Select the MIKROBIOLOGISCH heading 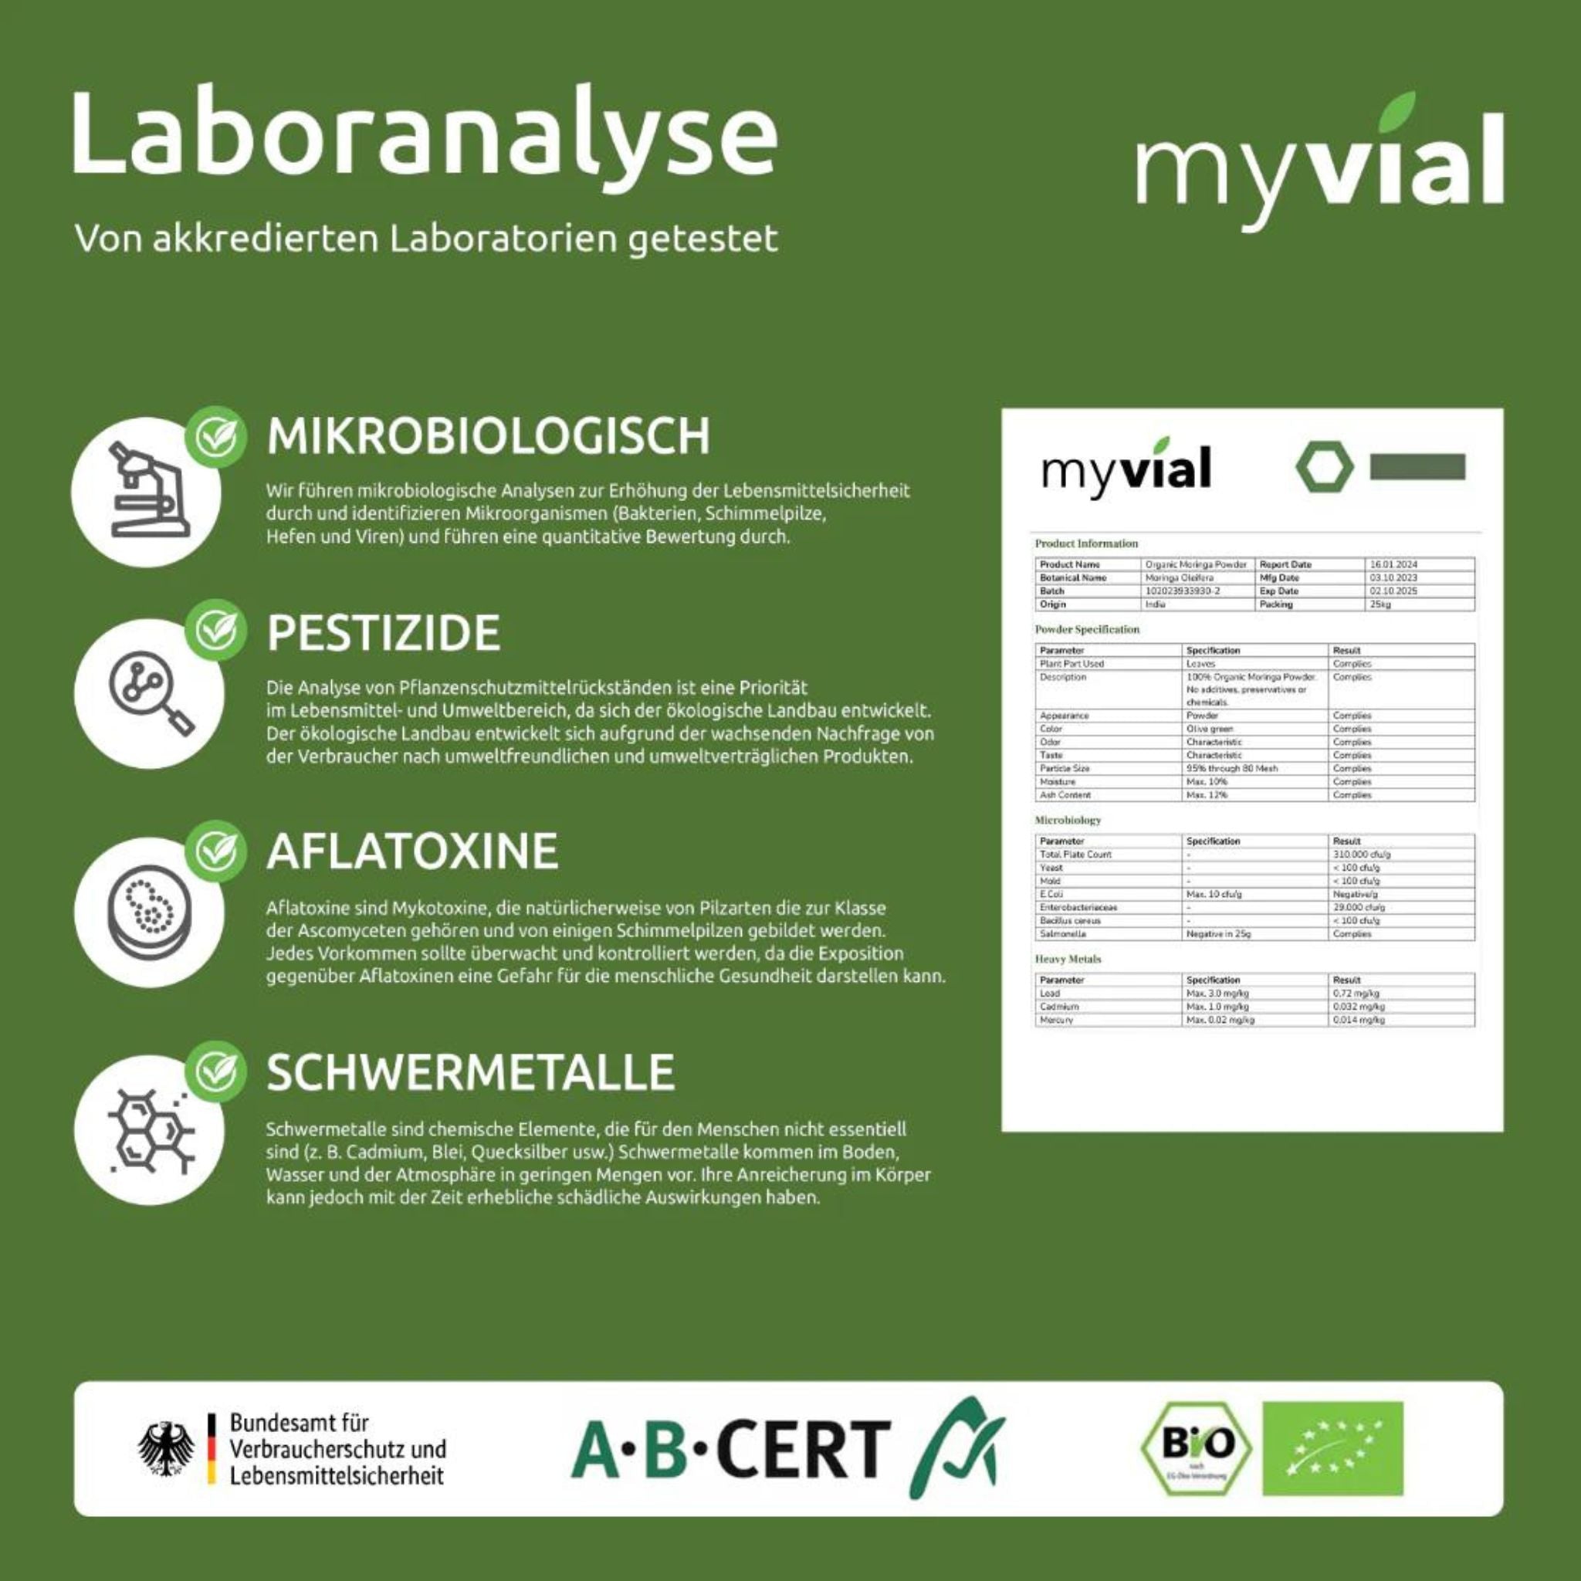pos(489,436)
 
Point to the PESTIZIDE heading pos(383,632)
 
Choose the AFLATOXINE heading pos(412,851)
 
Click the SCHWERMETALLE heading pos(471,1072)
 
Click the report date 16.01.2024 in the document pos(1393,564)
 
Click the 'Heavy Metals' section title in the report pos(1068,959)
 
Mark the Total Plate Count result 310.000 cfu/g pos(1362,855)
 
